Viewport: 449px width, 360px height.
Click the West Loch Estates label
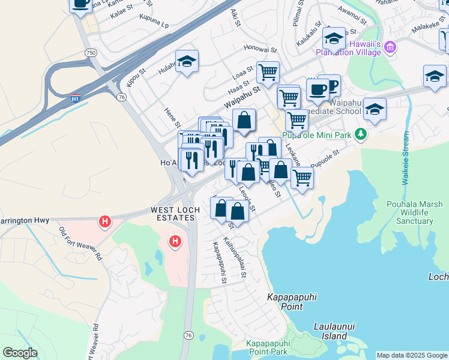click(x=173, y=211)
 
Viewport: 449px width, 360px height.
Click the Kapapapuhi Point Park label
click(x=268, y=348)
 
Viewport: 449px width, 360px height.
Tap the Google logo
click(x=20, y=353)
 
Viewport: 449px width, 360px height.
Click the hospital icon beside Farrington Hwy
click(x=106, y=221)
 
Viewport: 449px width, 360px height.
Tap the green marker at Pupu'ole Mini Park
click(x=360, y=134)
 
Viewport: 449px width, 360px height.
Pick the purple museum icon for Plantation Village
click(x=390, y=46)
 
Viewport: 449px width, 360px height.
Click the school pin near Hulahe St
click(x=187, y=61)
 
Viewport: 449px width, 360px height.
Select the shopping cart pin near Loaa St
click(x=268, y=73)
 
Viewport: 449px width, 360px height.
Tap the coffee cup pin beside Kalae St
click(x=80, y=4)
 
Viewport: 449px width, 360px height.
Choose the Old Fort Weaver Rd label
click(x=80, y=243)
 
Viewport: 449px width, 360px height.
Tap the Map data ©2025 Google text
click(x=412, y=355)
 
